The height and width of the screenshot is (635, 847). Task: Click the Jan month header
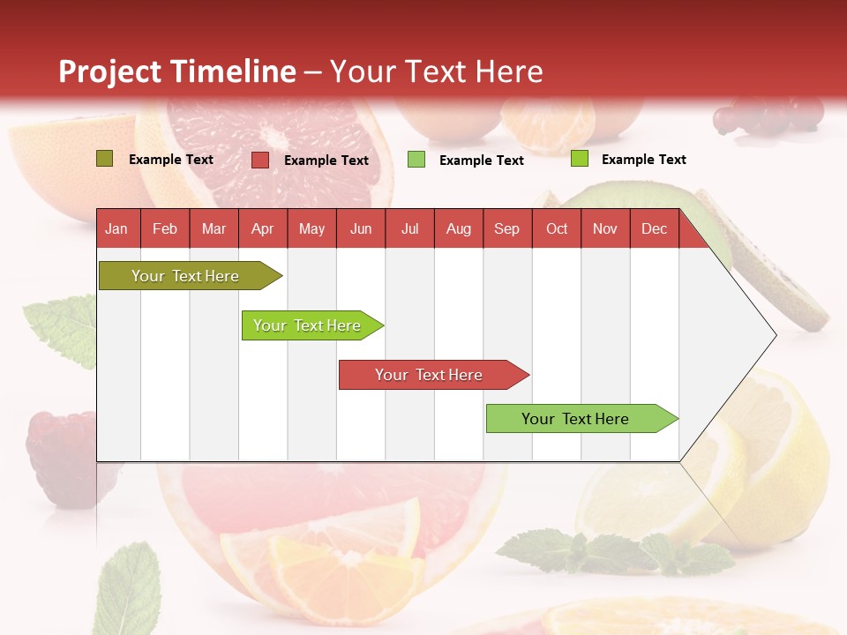[116, 229]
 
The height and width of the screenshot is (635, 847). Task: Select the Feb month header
[165, 229]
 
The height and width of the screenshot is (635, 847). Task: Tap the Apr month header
[262, 229]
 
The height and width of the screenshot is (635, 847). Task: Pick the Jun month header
[361, 229]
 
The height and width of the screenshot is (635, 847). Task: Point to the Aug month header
[458, 229]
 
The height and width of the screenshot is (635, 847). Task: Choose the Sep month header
[506, 229]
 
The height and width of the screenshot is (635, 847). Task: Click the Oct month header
[557, 229]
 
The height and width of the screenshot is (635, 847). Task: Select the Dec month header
[654, 229]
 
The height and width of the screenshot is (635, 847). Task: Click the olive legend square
[105, 159]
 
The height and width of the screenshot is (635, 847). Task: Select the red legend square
[260, 160]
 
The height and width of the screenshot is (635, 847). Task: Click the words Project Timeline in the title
[177, 71]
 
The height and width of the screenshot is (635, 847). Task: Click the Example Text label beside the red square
[326, 161]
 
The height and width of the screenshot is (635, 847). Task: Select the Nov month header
[605, 229]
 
